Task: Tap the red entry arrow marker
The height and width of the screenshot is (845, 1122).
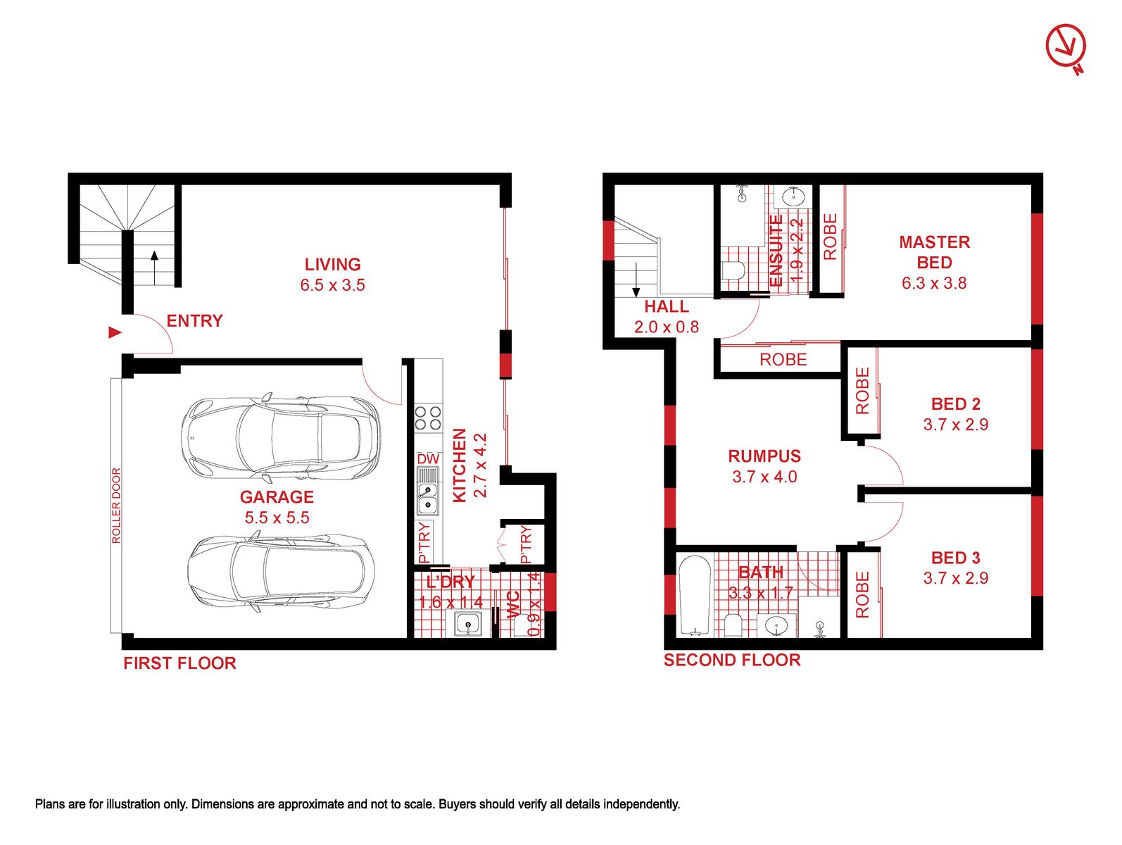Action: (115, 333)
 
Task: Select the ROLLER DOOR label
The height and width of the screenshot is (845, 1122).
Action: (116, 505)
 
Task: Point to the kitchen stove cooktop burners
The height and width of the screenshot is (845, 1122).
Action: (428, 418)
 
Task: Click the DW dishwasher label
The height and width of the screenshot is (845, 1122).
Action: (428, 459)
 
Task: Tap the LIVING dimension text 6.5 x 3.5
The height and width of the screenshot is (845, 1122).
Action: (332, 284)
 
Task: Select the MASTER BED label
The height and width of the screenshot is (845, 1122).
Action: (934, 252)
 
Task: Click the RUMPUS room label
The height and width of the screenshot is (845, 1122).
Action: (764, 456)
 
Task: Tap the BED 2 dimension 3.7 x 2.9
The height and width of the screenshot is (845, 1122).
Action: (955, 425)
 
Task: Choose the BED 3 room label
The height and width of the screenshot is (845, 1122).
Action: (955, 558)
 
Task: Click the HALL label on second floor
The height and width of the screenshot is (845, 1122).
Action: (666, 307)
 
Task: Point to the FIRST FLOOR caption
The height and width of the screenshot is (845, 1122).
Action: (179, 663)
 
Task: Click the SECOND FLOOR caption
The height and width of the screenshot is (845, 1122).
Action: (732, 661)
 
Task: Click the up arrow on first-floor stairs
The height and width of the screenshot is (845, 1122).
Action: (154, 268)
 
